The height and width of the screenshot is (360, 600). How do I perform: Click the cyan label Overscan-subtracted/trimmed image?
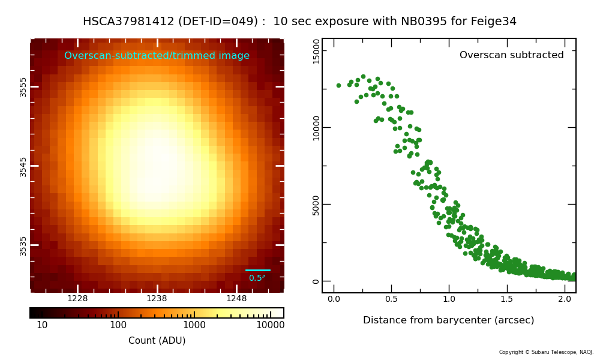pos(157,56)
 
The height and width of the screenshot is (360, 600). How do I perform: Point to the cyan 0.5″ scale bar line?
pos(257,270)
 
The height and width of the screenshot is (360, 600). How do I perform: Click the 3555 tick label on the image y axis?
pos(23,86)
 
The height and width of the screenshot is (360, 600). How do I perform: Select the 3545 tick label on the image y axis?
pos(23,166)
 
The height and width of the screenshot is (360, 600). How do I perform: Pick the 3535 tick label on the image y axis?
pos(23,245)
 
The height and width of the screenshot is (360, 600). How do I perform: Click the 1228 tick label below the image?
pos(77,299)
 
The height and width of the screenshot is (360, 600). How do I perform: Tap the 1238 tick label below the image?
pos(157,299)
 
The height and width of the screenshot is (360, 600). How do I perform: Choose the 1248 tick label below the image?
pos(236,299)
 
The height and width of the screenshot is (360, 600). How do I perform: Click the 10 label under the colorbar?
pos(42,325)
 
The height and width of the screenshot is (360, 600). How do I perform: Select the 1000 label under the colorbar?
pos(194,325)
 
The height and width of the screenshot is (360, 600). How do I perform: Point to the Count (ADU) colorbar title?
pos(157,341)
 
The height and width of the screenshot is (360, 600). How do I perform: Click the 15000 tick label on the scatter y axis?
pos(316,51)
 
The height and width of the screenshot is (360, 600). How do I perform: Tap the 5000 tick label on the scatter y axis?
pos(316,205)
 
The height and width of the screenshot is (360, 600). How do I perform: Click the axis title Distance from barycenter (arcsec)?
pos(448,320)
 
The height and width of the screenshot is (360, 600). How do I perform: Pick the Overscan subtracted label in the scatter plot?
pos(511,55)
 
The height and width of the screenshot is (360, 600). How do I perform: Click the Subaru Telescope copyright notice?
pos(546,352)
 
